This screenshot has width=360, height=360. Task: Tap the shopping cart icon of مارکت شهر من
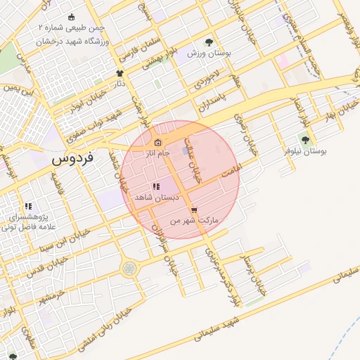[194, 210]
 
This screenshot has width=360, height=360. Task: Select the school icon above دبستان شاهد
[155, 187]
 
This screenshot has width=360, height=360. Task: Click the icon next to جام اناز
[157, 144]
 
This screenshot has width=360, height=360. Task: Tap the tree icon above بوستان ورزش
[208, 41]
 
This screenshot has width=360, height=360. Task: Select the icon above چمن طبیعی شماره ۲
[71, 17]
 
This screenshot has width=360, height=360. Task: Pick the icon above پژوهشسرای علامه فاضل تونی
[28, 206]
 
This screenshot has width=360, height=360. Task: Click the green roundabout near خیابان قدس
[129, 268]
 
